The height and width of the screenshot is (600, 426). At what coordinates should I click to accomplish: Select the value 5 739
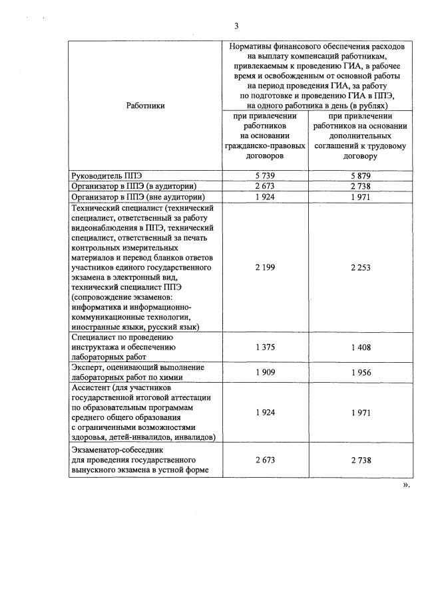click(x=265, y=175)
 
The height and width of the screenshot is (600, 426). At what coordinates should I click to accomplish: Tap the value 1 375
click(x=265, y=347)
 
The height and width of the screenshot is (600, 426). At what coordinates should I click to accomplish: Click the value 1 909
click(x=265, y=372)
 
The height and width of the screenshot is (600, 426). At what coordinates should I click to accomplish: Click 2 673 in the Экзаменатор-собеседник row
click(x=265, y=460)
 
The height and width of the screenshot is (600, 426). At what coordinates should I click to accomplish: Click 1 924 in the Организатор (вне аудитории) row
click(x=265, y=197)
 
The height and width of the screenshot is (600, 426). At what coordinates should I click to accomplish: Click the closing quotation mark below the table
click(x=405, y=486)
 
